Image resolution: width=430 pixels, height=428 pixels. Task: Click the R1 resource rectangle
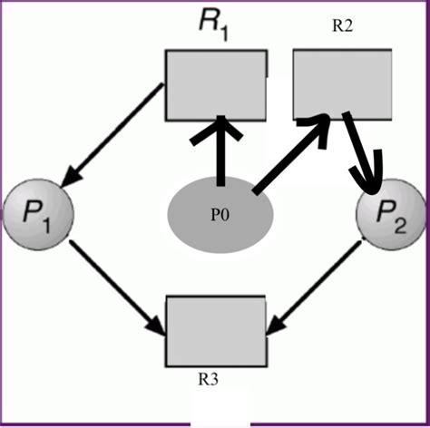[x=216, y=85]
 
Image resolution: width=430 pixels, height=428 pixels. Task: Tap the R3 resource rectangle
[x=216, y=328]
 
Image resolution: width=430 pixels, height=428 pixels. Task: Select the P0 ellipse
[x=220, y=216]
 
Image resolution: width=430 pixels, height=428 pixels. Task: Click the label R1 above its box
[x=215, y=24]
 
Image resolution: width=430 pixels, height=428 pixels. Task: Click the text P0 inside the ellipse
[x=220, y=216]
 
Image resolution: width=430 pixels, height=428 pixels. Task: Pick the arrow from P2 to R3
[x=317, y=281]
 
